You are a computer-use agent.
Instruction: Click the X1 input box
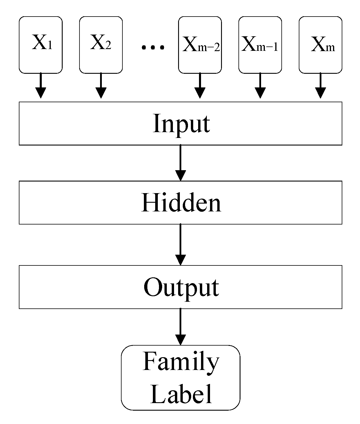pos(41,45)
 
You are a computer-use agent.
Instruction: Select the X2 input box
pos(101,45)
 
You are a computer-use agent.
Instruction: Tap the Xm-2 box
pos(200,45)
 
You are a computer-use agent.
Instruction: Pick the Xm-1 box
pos(260,45)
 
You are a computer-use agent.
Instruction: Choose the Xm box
pos(320,45)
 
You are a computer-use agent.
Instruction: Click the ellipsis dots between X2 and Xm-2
pos(153,47)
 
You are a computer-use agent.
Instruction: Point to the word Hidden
pos(181,203)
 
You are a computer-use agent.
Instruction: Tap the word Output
pos(181,288)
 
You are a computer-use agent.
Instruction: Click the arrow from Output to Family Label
pos(180,327)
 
